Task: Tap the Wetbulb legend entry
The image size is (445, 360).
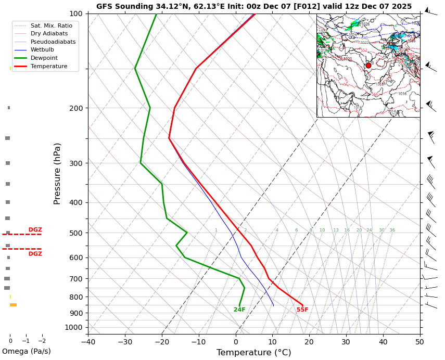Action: pos(42,50)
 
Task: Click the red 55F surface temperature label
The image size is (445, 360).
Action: pos(302,310)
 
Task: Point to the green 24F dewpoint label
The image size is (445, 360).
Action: pos(239,310)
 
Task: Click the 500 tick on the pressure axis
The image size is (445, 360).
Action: pos(76,233)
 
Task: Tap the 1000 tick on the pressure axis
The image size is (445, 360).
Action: pos(74,327)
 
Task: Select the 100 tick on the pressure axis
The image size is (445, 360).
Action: pos(76,14)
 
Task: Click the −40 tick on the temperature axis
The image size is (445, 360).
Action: pos(88,342)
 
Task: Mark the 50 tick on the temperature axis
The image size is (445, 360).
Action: pos(419,342)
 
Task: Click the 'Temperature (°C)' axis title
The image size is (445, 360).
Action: pos(253,353)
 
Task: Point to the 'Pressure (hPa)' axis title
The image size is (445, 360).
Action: pos(57,173)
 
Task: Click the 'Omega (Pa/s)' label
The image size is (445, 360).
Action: pos(27,352)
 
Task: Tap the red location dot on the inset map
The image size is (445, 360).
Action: pos(368,66)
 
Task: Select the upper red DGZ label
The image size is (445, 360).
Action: pos(35,230)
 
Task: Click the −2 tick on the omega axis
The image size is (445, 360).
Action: pos(42,341)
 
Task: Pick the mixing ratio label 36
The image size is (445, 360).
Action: pos(392,230)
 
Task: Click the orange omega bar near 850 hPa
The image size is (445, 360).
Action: pos(13,305)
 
